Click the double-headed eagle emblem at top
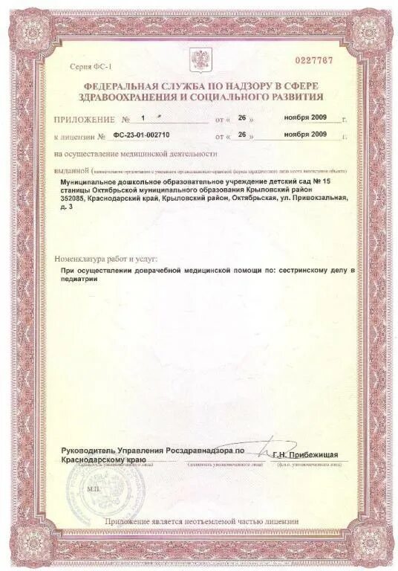click(x=198, y=59)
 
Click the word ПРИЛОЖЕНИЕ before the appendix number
click(x=85, y=119)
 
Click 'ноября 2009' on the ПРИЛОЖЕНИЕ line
click(x=305, y=118)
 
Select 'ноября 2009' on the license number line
click(x=305, y=135)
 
